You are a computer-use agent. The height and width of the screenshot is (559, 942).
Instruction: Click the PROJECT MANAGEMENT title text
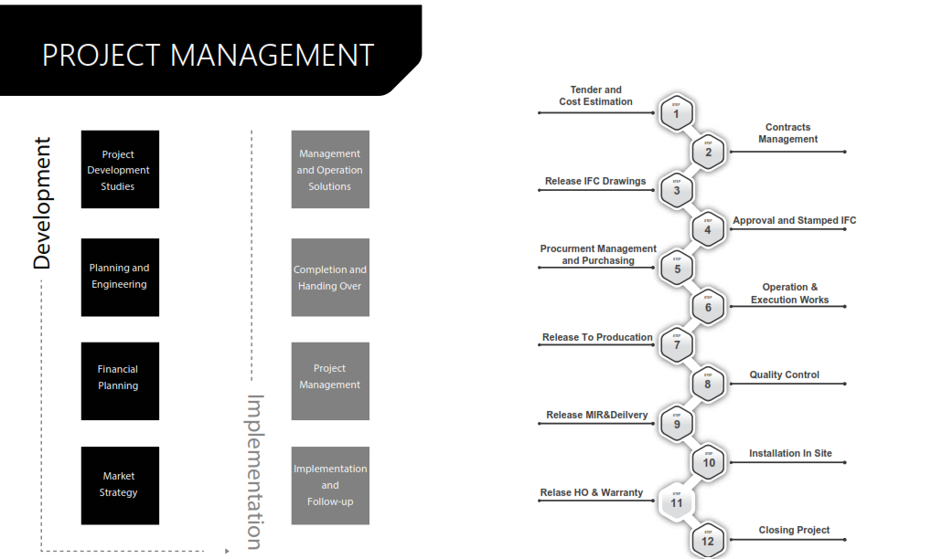[x=209, y=55]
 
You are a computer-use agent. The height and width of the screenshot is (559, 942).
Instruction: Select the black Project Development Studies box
[x=120, y=170]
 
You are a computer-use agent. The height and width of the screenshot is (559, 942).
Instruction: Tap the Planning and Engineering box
[x=120, y=277]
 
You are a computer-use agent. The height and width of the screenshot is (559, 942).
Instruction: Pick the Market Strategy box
[x=120, y=485]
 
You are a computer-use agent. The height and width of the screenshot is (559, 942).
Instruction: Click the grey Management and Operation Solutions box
[x=330, y=170]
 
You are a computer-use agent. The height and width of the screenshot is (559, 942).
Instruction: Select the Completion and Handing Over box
[x=330, y=278]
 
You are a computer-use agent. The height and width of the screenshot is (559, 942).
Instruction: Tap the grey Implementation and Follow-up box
[x=330, y=485]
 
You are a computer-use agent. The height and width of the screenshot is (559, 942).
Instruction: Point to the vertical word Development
[x=42, y=203]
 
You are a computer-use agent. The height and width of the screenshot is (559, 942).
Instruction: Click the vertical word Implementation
[x=255, y=471]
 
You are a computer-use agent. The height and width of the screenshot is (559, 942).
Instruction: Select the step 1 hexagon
[x=677, y=113]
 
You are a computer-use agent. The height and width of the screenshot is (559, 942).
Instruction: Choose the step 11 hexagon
[x=677, y=501]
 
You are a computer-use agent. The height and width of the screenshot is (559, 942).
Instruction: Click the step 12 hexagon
[x=708, y=540]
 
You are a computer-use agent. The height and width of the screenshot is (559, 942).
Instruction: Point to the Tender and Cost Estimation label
[x=596, y=96]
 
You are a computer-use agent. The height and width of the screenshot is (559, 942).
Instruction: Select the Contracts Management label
[x=788, y=133]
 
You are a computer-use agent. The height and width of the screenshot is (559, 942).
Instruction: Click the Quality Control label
[x=785, y=374]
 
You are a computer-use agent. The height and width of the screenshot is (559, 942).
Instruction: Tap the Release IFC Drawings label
[x=595, y=181]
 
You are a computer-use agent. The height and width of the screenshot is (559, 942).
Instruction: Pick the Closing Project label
[x=794, y=530]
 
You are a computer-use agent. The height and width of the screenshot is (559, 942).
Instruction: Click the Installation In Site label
[x=790, y=453]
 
